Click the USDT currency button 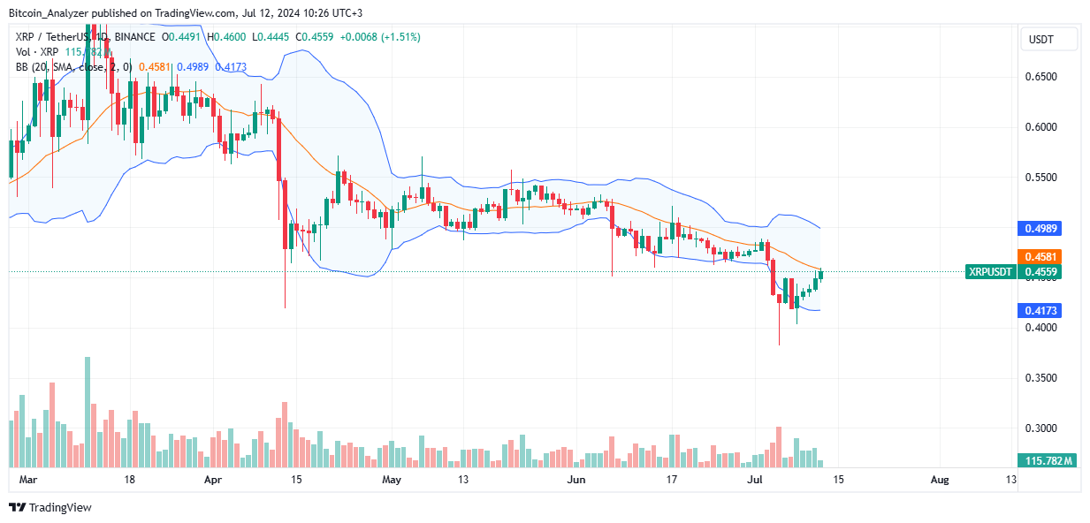[x=1049, y=39]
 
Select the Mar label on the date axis [x=27, y=480]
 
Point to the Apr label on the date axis [x=212, y=480]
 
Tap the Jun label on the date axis [x=576, y=480]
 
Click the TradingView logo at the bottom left [x=50, y=507]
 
